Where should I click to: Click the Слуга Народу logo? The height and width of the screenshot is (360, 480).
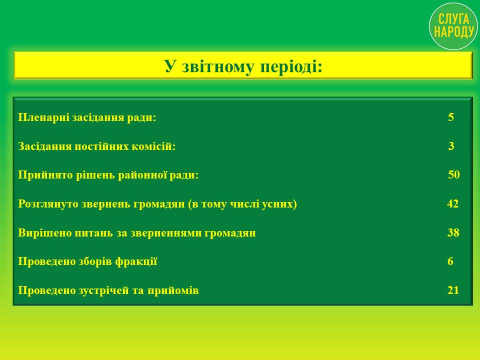tap(453, 26)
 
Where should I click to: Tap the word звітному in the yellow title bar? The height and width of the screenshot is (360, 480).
tap(217, 66)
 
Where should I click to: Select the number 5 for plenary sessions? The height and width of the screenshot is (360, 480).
tap(451, 117)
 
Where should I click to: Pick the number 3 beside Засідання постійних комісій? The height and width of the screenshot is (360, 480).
tap(451, 146)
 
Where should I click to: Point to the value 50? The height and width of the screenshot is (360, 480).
tap(453, 174)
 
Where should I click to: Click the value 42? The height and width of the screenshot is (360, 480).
tap(453, 203)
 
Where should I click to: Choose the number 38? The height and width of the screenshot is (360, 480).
tap(453, 232)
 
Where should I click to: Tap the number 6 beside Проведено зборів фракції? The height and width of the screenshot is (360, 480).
tap(450, 261)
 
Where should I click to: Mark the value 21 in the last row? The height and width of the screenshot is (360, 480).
tap(453, 290)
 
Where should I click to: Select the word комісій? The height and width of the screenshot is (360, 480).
tap(153, 146)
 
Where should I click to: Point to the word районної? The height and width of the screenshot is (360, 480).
tap(142, 175)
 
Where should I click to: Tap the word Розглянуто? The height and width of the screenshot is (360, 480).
tap(48, 204)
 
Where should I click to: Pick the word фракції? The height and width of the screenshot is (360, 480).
tap(136, 261)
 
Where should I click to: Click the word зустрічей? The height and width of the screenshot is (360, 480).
tap(104, 290)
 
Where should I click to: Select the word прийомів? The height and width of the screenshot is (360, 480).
tap(173, 290)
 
